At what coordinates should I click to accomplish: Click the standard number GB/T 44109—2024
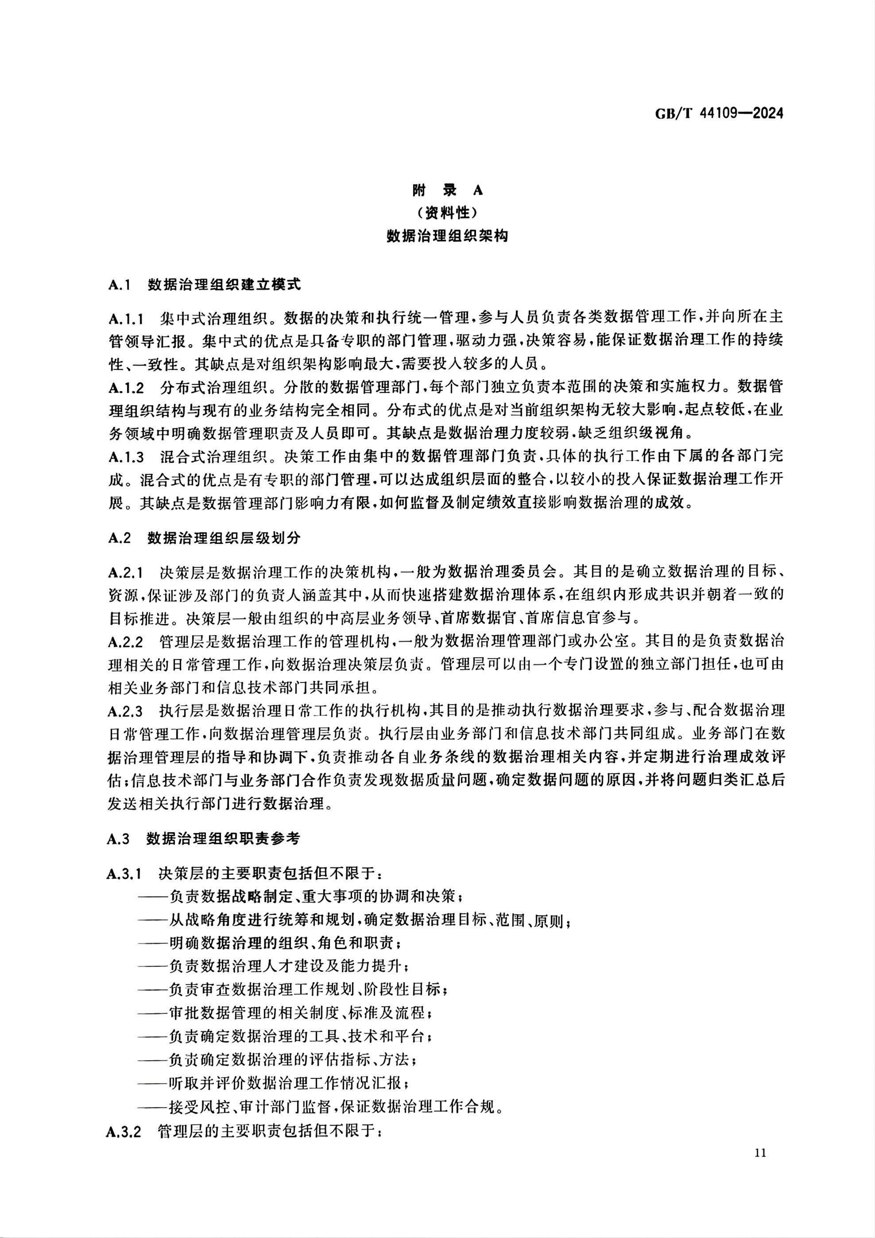[719, 113]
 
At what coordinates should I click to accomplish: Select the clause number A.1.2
[126, 388]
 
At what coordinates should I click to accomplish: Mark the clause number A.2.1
[126, 572]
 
